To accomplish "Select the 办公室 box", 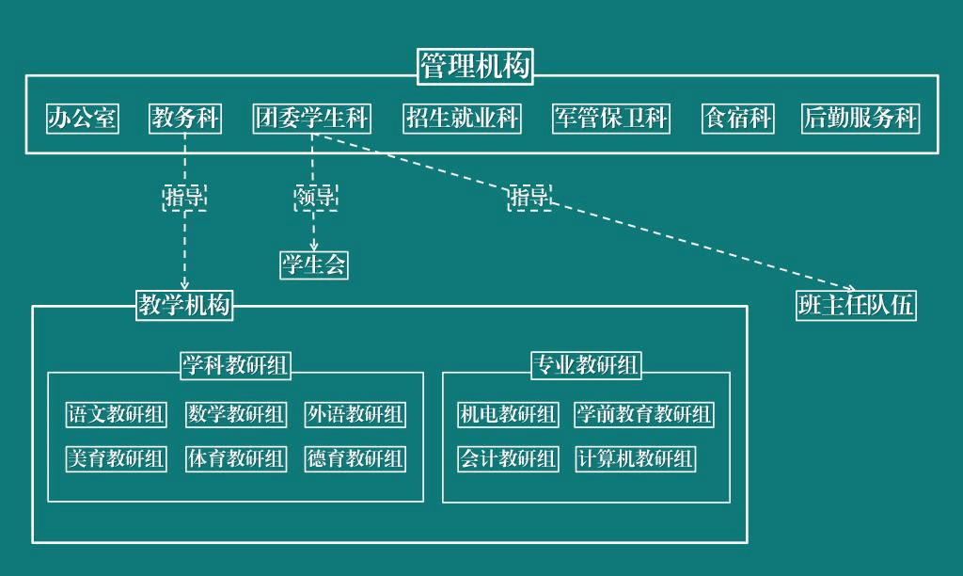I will [x=83, y=119].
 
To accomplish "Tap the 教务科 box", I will [x=185, y=119].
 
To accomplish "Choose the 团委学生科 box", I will [x=312, y=119].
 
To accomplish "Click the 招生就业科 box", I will [x=462, y=119].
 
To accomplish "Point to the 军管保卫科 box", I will [x=611, y=119].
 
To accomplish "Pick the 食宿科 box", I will [x=738, y=119].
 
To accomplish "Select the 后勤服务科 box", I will [x=860, y=119].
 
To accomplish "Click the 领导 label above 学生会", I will [x=315, y=197].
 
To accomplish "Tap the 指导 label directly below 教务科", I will [x=185, y=197].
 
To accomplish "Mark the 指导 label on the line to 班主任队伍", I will [x=529, y=197].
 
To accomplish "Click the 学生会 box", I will [x=314, y=265].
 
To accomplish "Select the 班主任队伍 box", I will [x=856, y=306].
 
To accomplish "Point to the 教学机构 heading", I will [x=184, y=305].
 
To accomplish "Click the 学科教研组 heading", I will [x=235, y=365].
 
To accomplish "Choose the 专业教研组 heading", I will [x=586, y=365].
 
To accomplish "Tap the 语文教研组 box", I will [x=116, y=414].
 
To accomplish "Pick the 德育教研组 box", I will [x=355, y=458].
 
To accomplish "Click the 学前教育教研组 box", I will [x=644, y=414].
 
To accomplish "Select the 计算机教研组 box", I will [x=635, y=458].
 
